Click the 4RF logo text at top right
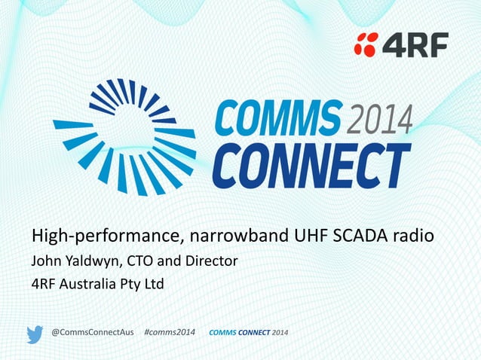point(415,44)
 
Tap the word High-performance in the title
point(105,236)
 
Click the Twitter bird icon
point(35,334)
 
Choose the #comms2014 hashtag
point(169,333)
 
